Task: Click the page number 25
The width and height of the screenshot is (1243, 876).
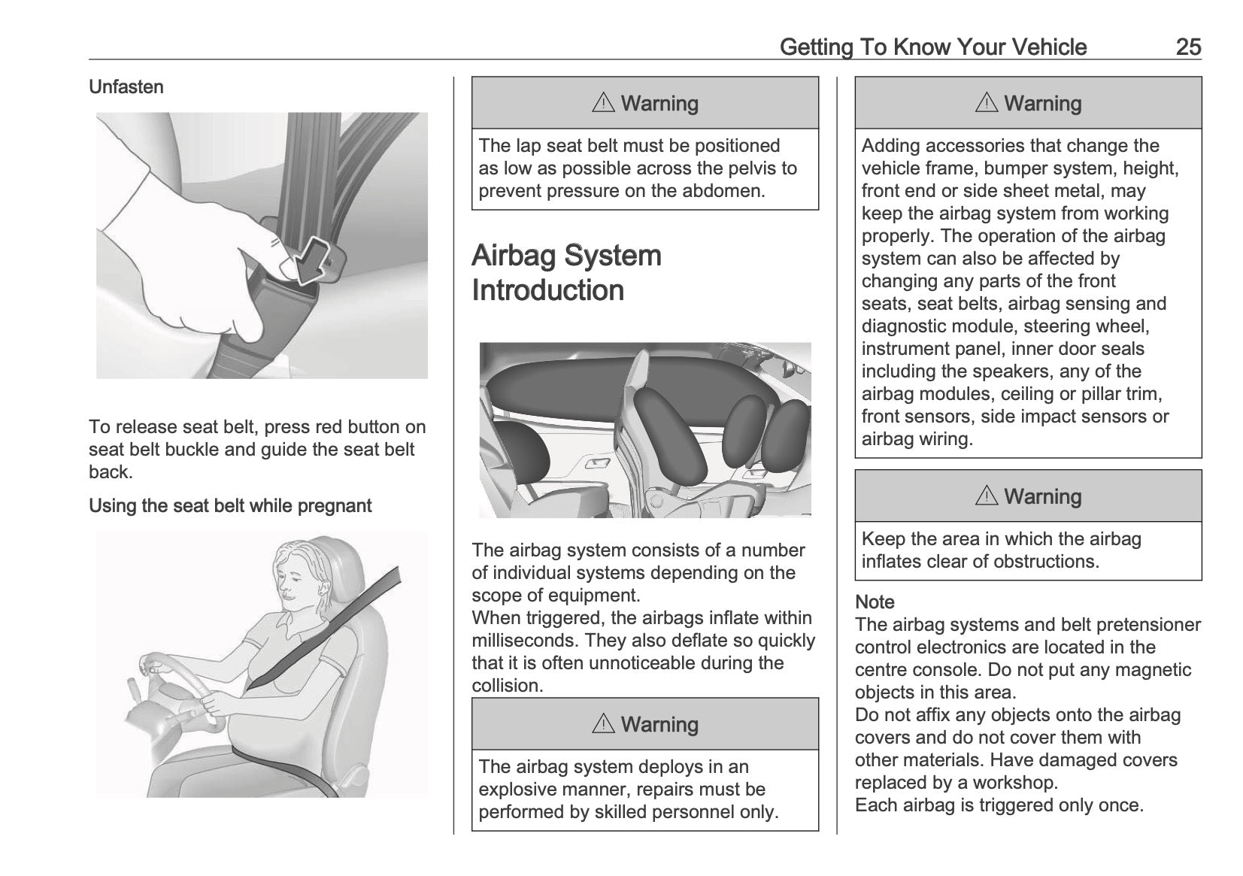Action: point(1188,47)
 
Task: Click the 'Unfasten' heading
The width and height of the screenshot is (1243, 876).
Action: point(126,87)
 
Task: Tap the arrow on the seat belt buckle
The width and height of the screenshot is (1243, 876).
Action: point(311,260)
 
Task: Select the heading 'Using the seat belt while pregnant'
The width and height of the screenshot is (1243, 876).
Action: point(230,506)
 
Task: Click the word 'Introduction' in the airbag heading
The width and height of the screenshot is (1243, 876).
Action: point(547,290)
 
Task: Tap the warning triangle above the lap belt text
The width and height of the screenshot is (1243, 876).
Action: point(603,103)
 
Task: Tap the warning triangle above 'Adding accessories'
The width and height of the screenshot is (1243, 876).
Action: point(986,103)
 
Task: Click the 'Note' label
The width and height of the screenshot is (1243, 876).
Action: point(875,602)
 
